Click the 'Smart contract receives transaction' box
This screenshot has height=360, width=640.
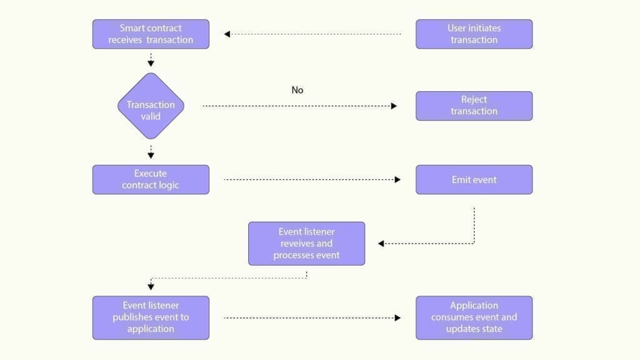pyautogui.click(x=151, y=34)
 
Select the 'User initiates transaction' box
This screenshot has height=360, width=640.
pyautogui.click(x=474, y=34)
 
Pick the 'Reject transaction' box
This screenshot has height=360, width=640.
pyautogui.click(x=474, y=106)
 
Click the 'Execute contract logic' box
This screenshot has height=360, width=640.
pyautogui.click(x=151, y=179)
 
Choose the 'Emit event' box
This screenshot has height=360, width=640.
pyautogui.click(x=474, y=179)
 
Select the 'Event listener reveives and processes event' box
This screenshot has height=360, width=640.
pyautogui.click(x=306, y=243)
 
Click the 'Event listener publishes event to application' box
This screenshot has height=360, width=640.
pyautogui.click(x=151, y=317)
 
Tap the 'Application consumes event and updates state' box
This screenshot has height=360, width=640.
pyautogui.click(x=474, y=317)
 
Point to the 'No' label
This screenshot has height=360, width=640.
pyautogui.click(x=297, y=90)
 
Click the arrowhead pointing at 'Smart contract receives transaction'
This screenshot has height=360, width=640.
pyautogui.click(x=227, y=34)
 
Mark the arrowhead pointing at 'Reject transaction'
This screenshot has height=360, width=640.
pyautogui.click(x=394, y=106)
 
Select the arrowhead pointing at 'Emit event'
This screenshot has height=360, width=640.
pyautogui.click(x=397, y=180)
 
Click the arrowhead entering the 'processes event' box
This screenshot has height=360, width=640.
pyautogui.click(x=381, y=244)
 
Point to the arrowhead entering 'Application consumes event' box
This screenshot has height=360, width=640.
pyautogui.click(x=397, y=318)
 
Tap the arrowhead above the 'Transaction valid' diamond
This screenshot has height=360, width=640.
pyautogui.click(x=151, y=63)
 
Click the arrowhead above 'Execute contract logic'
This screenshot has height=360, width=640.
pyautogui.click(x=151, y=156)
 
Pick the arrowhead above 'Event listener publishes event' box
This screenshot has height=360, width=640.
pyautogui.click(x=151, y=287)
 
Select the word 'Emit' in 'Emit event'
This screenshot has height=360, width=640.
pyautogui.click(x=462, y=179)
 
